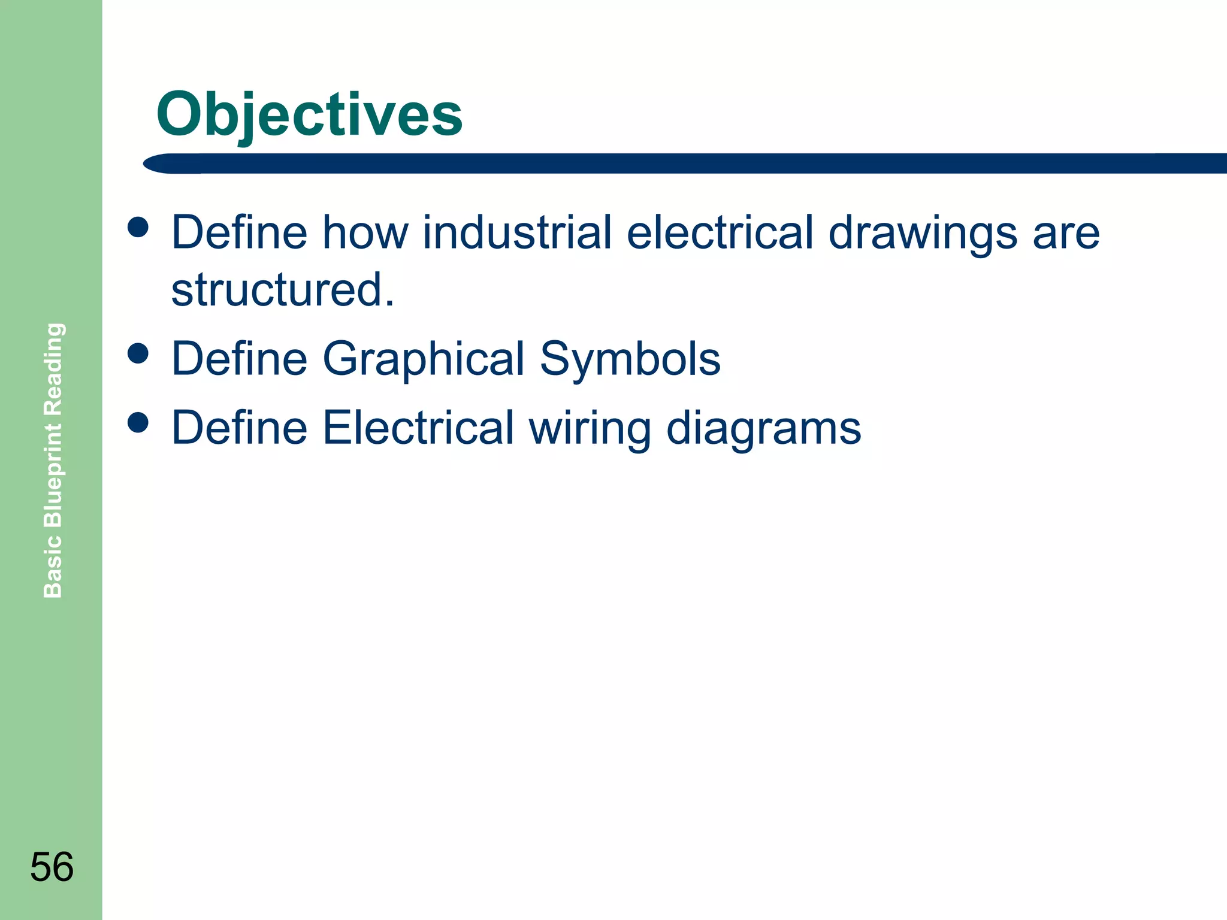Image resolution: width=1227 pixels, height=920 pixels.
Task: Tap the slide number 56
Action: [x=52, y=867]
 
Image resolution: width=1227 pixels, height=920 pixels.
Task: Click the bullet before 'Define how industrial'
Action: [x=138, y=227]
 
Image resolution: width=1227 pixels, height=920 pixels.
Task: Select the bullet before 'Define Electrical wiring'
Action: [x=138, y=422]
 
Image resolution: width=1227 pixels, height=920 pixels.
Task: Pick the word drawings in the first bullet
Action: [x=923, y=234]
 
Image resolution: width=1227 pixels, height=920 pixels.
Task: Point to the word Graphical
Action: [x=424, y=359]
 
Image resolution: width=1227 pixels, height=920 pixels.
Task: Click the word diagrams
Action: [x=763, y=429]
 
